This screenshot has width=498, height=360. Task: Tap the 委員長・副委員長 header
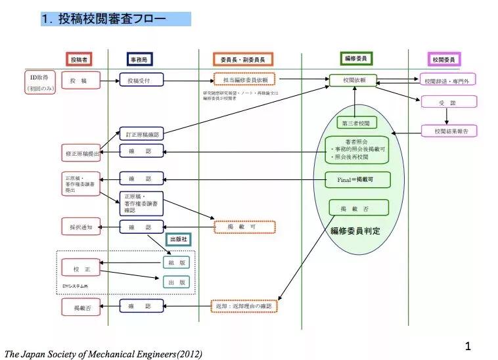(x=239, y=60)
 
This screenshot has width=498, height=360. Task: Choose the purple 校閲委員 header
(x=444, y=60)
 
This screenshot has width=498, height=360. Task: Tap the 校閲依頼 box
(x=355, y=80)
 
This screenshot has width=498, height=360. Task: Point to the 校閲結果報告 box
(x=449, y=131)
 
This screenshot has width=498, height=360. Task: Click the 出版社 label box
(x=179, y=240)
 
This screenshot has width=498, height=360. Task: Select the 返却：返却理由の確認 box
(x=244, y=305)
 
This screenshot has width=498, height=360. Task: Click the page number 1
(x=468, y=346)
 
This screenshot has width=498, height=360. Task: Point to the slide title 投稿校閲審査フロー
(x=116, y=18)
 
